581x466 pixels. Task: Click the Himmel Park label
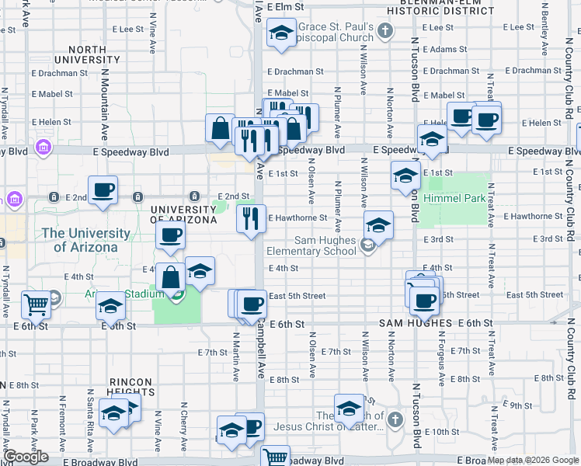coord(464,198)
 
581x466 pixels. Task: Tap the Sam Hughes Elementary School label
coord(311,245)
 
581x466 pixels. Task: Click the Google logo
coord(26,457)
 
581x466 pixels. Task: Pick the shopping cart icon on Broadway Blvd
coord(275,456)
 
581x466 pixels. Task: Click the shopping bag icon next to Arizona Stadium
coord(170,276)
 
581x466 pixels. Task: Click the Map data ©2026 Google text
coord(532,460)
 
